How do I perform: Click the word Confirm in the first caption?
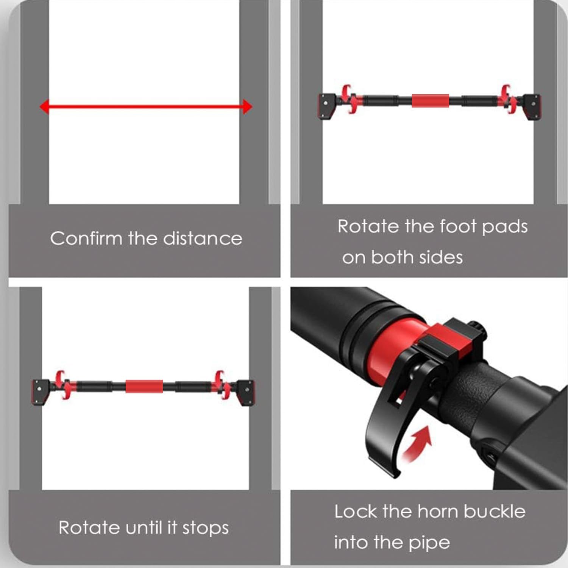coord(86,239)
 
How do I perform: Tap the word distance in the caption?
coord(202,239)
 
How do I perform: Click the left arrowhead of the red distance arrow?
coord(45,107)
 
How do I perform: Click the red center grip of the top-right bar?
coord(431,101)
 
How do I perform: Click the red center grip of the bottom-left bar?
coord(144,386)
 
